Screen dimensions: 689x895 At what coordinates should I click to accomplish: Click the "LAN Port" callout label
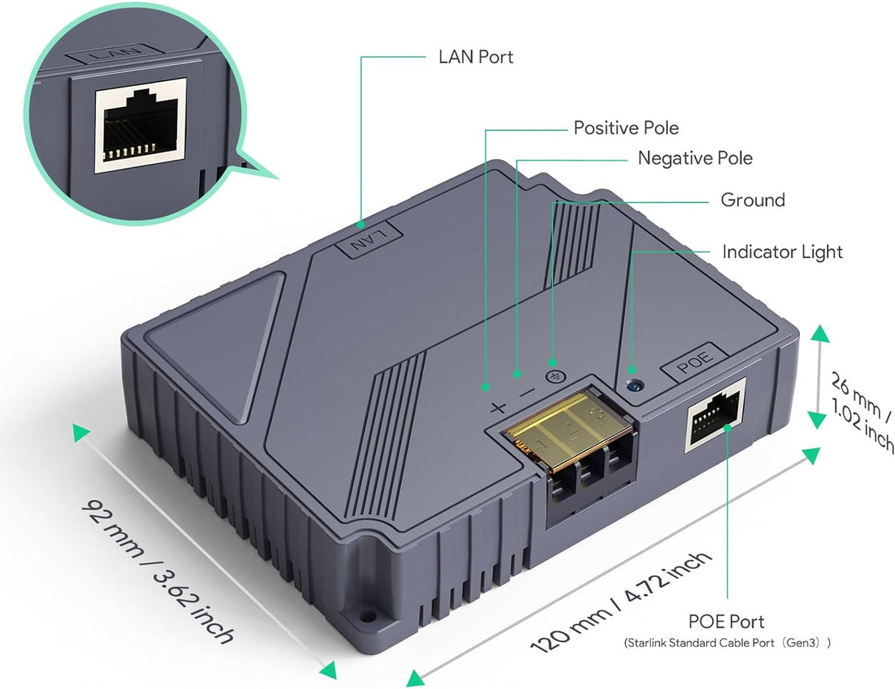tap(476, 57)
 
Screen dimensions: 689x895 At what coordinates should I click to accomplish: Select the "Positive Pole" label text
tap(626, 128)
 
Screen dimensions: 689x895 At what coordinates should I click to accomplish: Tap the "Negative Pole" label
tap(694, 158)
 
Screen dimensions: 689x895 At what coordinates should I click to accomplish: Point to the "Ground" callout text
tap(752, 200)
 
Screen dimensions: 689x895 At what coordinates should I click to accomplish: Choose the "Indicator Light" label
tap(781, 252)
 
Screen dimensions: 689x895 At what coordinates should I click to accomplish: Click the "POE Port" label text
tap(726, 622)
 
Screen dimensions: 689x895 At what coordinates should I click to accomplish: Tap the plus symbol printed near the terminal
tap(498, 407)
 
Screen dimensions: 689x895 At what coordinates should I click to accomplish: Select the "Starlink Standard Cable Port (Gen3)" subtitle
tap(727, 643)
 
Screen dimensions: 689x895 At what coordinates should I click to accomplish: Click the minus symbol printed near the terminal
tap(526, 394)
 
